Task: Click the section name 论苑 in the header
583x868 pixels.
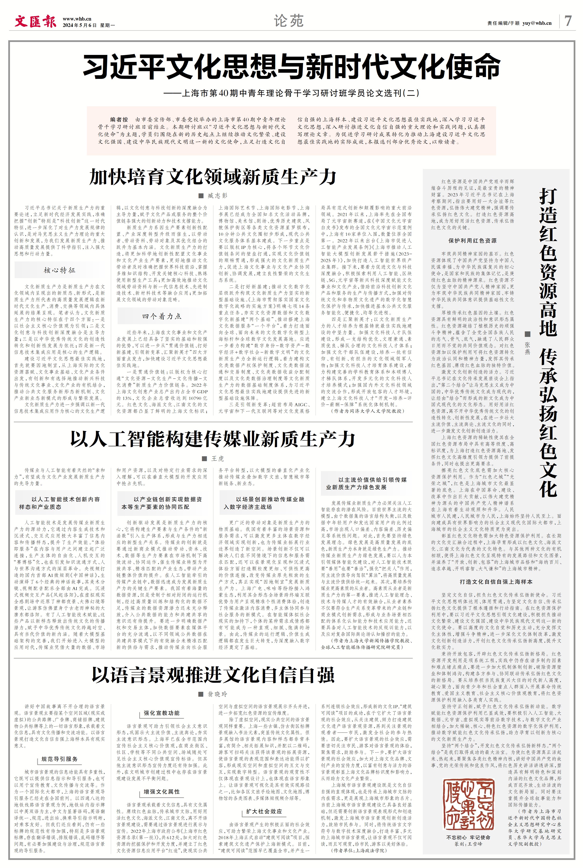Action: click(x=289, y=21)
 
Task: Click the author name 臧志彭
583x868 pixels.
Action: click(x=217, y=196)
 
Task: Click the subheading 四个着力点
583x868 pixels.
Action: click(x=162, y=316)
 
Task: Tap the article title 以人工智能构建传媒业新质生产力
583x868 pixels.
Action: click(x=213, y=439)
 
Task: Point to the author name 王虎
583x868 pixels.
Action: click(x=217, y=459)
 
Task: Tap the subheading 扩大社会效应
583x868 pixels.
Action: click(x=264, y=811)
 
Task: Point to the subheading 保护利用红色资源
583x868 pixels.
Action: click(x=472, y=241)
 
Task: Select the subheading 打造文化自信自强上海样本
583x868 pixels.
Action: click(x=496, y=582)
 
